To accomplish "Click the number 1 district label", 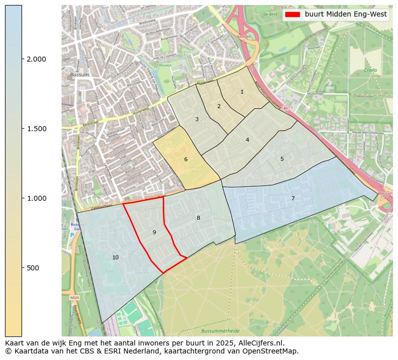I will click(x=242, y=92).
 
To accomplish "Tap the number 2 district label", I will click(x=219, y=106).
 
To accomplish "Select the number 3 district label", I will click(x=197, y=119).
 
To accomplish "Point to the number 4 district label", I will click(x=247, y=140).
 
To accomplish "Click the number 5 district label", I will click(x=282, y=159).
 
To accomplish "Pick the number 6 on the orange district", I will click(x=186, y=159).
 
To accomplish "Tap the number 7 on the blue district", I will click(x=293, y=198).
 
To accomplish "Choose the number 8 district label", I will click(x=198, y=218).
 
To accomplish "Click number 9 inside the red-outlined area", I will click(x=154, y=232).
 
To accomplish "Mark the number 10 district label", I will click(x=116, y=257).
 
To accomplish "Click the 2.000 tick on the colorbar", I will click(x=36, y=59).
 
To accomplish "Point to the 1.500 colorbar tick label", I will click(x=36, y=129).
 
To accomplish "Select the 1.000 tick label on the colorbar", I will click(x=36, y=198).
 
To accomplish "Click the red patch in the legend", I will click(x=292, y=15).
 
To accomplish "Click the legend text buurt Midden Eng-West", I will click(x=345, y=15).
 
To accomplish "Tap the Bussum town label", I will click(x=79, y=75).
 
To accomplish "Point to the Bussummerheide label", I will click(x=220, y=331).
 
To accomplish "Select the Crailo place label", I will click(x=370, y=71).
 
